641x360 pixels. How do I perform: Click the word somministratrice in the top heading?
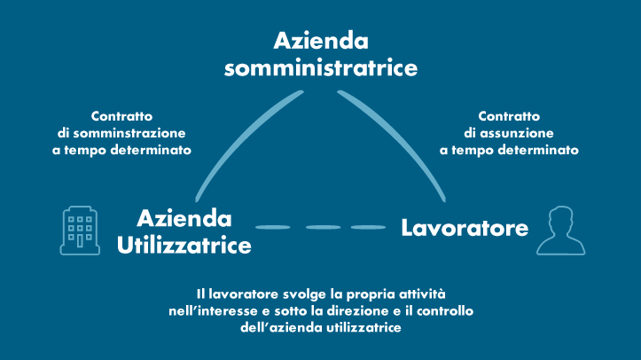tap(321, 67)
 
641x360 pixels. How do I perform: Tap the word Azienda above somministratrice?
tap(321, 41)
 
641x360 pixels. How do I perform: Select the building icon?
tap(80, 231)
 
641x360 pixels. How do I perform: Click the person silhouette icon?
tap(561, 231)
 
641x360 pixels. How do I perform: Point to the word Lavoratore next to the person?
tap(465, 228)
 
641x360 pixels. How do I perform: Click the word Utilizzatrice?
tap(184, 246)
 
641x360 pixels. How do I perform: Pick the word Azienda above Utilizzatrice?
tap(184, 218)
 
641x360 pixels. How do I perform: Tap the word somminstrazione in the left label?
tap(129, 133)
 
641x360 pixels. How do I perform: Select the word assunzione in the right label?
tap(517, 133)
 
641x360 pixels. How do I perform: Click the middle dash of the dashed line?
tap(323, 227)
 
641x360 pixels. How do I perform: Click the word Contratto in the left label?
tap(121, 116)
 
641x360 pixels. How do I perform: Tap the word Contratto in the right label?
tap(509, 116)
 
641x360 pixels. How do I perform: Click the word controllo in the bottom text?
tap(445, 311)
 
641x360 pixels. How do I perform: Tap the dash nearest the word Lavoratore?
tap(368, 227)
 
